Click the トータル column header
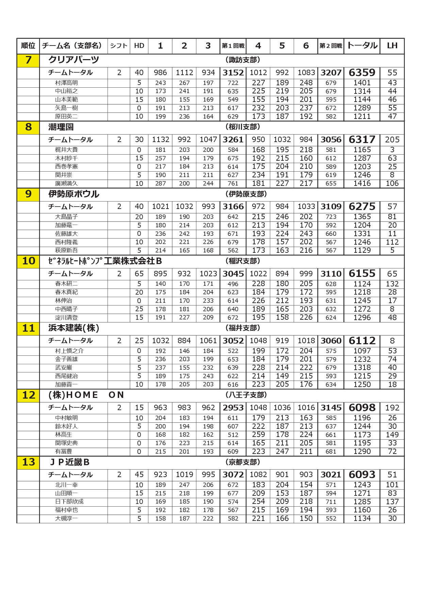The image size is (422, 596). (362, 46)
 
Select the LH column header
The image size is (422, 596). (392, 46)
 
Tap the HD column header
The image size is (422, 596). (139, 46)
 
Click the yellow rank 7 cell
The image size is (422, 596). (28, 60)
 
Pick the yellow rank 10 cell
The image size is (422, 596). (28, 261)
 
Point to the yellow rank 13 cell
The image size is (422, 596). (28, 462)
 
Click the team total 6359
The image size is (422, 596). (362, 73)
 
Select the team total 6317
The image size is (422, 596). (362, 140)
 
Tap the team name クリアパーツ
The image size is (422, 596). (74, 60)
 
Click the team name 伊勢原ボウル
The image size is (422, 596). (74, 194)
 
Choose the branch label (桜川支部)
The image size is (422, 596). (243, 127)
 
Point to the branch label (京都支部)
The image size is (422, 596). (243, 462)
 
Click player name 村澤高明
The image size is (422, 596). (66, 83)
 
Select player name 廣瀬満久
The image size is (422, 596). (66, 183)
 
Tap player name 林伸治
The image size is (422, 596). (64, 301)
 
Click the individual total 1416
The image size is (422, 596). (362, 183)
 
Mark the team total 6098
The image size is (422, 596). (362, 408)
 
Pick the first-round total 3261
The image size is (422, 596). (233, 140)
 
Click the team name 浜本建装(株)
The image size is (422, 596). (74, 328)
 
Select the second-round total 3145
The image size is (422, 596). (331, 408)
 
